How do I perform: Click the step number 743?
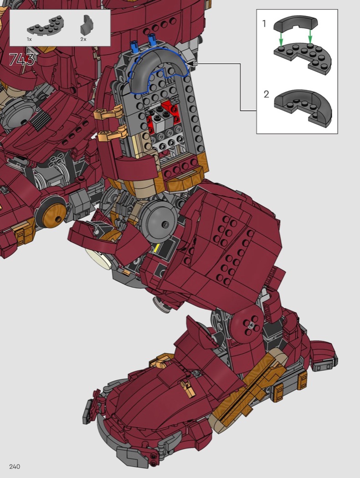coord(22,60)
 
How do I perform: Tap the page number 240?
coord(15,467)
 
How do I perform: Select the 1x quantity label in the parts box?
coord(29,39)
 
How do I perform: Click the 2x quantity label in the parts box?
coord(83,39)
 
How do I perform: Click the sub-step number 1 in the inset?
coord(264,24)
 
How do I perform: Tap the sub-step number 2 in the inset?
coord(266,94)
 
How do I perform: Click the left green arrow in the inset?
coord(281,39)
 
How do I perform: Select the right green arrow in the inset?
coord(310,36)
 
